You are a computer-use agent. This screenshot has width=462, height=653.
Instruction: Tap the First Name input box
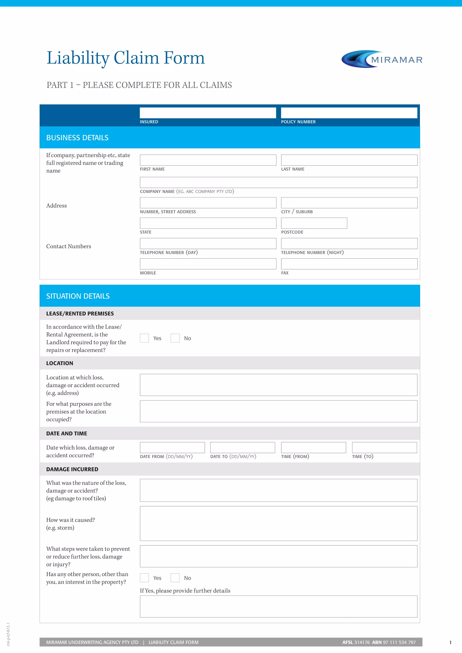click(x=208, y=160)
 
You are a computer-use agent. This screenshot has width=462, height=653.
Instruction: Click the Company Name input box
click(x=278, y=182)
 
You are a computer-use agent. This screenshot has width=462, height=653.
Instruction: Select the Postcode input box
click(x=314, y=223)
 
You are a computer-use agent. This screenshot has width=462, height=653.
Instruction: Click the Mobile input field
click(x=208, y=264)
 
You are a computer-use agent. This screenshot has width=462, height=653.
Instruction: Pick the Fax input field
click(x=349, y=264)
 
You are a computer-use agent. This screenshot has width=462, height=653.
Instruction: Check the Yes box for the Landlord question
click(x=144, y=338)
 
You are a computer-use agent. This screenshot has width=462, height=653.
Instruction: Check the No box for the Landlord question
click(x=175, y=338)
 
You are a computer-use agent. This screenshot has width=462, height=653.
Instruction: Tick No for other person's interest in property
click(x=175, y=578)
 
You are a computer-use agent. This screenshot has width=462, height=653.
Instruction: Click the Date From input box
click(x=172, y=447)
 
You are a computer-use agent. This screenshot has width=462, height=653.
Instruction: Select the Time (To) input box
click(x=384, y=447)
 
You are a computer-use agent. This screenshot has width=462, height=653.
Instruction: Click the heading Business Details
click(x=77, y=138)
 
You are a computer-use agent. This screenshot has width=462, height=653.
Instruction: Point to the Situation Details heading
click(x=78, y=296)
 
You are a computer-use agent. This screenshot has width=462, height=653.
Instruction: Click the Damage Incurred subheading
click(x=72, y=469)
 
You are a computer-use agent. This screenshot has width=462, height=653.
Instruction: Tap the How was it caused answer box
click(x=278, y=523)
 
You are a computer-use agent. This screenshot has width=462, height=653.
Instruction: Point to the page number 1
click(x=450, y=642)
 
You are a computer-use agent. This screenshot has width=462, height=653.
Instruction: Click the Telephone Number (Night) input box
click(x=349, y=244)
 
